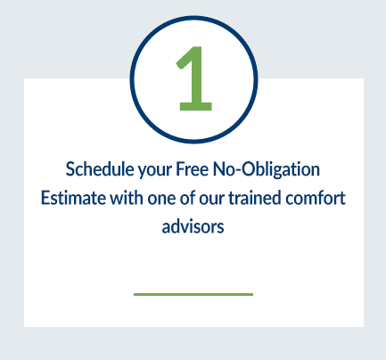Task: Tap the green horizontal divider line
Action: point(193,294)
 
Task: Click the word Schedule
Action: point(100,169)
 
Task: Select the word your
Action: point(154,171)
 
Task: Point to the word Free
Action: point(193,169)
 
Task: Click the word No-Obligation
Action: point(267,169)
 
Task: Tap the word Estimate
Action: point(73,198)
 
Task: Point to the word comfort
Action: point(316,198)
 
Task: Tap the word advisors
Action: point(193,226)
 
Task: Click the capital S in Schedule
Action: point(70,169)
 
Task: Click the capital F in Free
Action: point(180,169)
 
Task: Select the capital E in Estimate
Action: point(45,198)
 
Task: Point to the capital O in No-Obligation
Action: point(249,169)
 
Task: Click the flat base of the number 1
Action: point(196,107)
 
